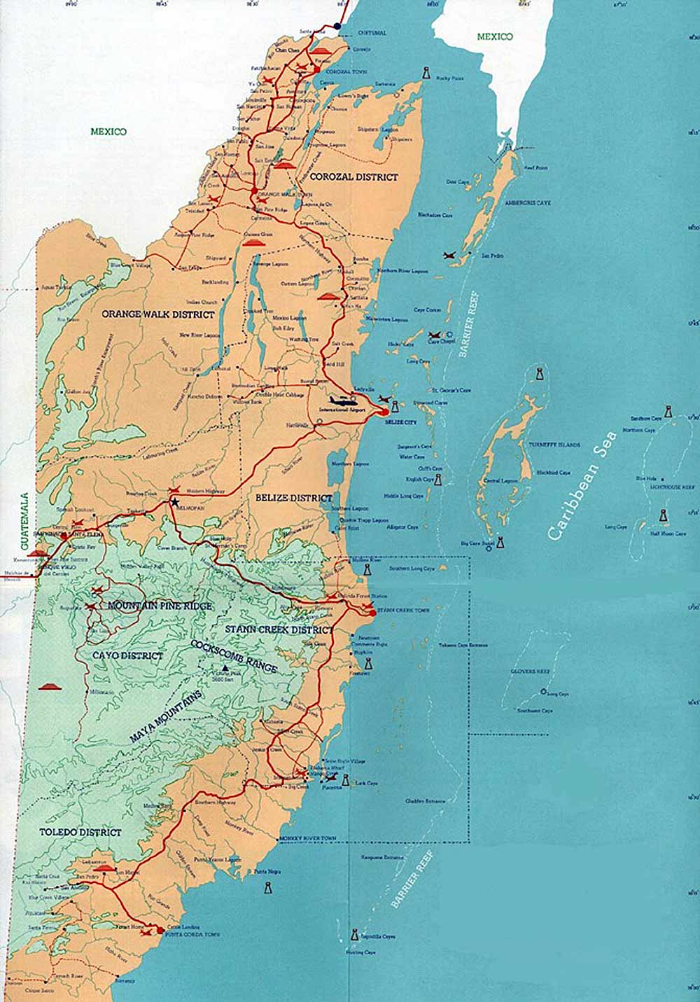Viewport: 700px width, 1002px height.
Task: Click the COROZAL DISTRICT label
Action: coord(354,177)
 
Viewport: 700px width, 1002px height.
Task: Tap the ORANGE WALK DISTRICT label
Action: coord(158,314)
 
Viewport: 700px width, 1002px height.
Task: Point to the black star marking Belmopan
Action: coord(174,502)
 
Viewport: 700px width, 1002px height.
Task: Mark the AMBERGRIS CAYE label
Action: coord(528,202)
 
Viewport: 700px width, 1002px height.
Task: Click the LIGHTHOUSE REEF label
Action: coord(673,485)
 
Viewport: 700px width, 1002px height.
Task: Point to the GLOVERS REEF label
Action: coord(533,671)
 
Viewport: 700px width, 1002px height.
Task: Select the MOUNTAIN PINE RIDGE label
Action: coord(160,605)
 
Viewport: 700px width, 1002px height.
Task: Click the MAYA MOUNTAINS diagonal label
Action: coord(166,717)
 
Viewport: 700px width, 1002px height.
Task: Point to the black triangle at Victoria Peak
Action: coord(225,669)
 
